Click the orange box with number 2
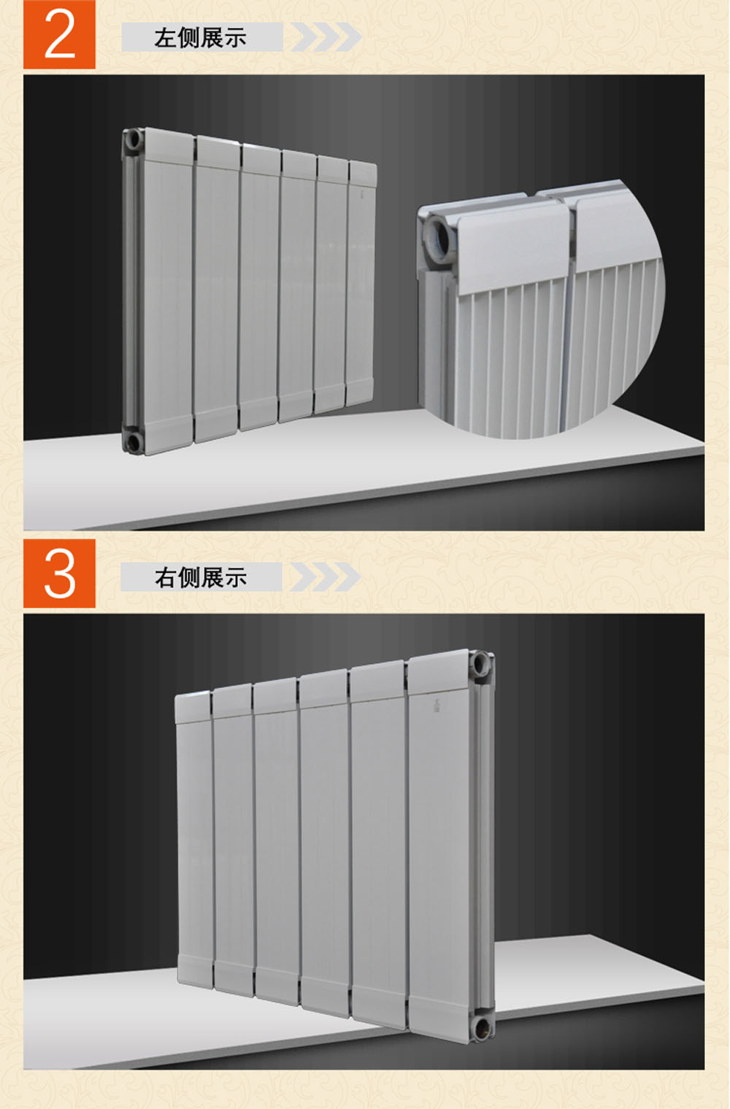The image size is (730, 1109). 59,34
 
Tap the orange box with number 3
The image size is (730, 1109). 59,573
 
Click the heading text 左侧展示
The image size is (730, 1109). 200,38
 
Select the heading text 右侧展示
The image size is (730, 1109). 201,578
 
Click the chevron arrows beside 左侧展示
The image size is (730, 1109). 326,36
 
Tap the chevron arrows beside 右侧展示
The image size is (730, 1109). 325,577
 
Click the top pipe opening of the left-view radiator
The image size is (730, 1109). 134,140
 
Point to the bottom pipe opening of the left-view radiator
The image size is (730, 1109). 132,442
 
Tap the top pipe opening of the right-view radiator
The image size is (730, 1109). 481,664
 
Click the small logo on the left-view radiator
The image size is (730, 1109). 363,195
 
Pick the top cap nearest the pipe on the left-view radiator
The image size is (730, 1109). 169,144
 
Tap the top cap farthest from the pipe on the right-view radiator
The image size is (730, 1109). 193,706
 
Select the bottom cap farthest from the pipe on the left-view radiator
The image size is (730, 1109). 360,392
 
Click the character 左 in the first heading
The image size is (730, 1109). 165,38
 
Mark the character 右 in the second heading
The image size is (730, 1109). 166,578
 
